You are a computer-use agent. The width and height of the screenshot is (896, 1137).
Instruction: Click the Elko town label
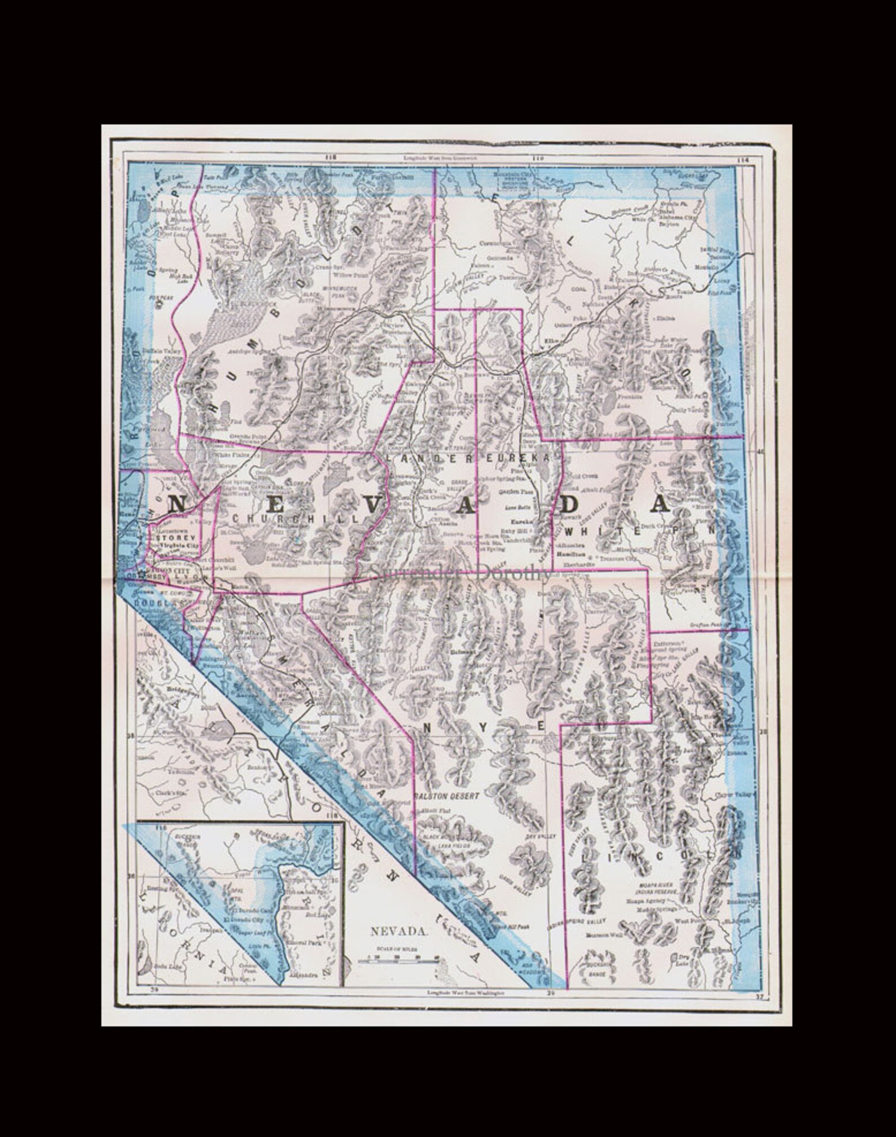pos(553,341)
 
